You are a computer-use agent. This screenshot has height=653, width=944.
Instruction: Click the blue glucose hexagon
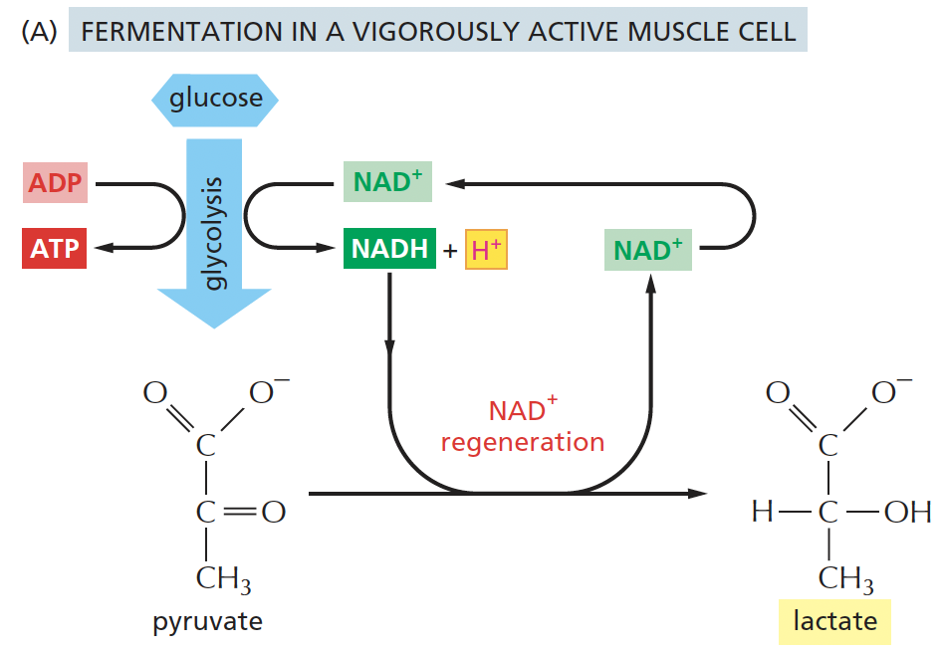click(x=214, y=99)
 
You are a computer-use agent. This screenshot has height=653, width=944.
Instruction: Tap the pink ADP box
click(x=55, y=183)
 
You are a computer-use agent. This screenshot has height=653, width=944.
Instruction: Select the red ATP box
click(x=55, y=249)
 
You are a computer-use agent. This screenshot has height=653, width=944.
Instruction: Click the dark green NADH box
click(x=389, y=249)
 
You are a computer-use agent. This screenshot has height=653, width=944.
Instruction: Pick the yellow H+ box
click(x=487, y=250)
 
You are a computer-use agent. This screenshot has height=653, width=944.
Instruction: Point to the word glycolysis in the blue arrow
click(x=213, y=235)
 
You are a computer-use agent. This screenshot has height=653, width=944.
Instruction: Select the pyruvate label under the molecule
click(x=207, y=623)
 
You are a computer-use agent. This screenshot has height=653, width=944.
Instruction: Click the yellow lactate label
click(x=835, y=622)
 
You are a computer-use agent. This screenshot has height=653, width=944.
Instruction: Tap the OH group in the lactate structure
click(x=907, y=513)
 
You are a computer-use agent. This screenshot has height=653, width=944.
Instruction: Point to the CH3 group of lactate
click(x=844, y=578)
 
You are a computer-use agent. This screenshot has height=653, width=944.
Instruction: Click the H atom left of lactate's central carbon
click(x=762, y=513)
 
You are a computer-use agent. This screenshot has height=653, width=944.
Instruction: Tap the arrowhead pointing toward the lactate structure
click(x=696, y=493)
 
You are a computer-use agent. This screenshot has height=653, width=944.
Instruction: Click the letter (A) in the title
click(x=38, y=31)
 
